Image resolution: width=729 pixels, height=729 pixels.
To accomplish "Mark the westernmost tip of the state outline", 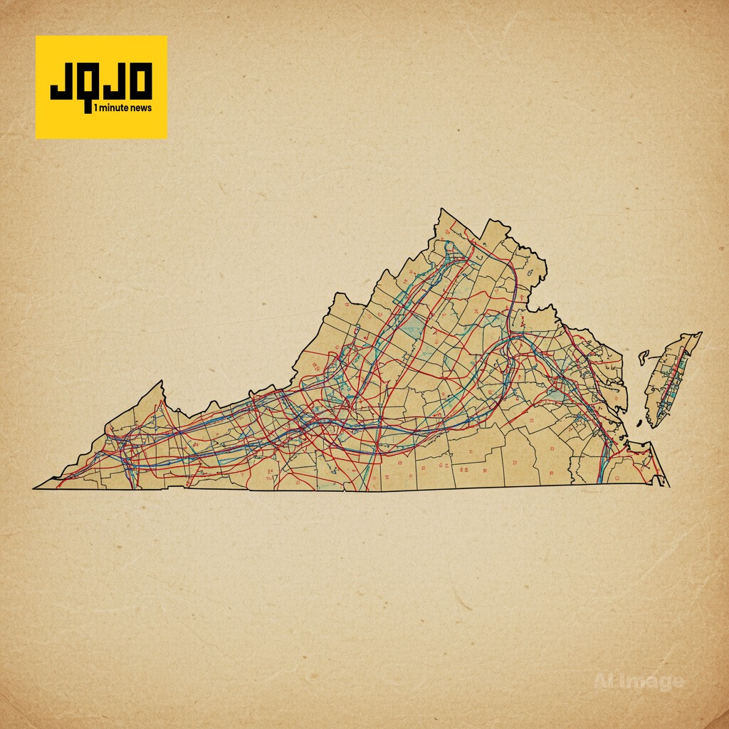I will point(34,488).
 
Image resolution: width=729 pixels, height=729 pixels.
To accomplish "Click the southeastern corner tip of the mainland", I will point(667,485).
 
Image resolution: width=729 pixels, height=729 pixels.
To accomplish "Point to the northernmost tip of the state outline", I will point(441,209).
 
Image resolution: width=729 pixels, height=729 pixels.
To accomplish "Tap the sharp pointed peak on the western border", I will point(162,382).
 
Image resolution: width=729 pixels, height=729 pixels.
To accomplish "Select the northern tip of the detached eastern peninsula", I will point(699,333).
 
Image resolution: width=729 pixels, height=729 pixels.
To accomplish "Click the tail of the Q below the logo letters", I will point(88,107).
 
